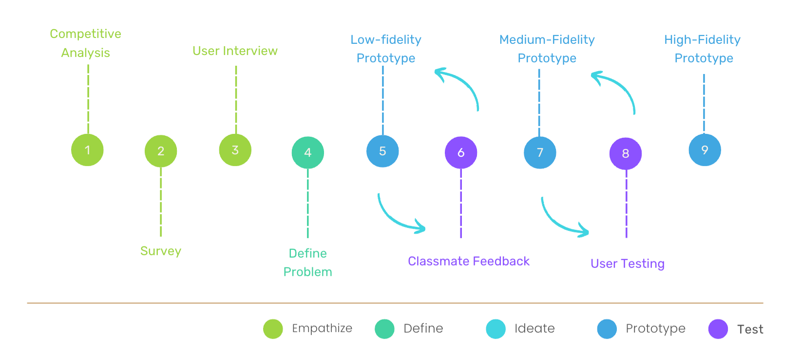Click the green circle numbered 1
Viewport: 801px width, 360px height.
[x=87, y=150]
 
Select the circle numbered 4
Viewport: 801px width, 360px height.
[x=307, y=152]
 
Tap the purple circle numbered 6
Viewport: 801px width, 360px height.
[x=461, y=152]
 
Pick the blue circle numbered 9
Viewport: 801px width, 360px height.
[x=705, y=150]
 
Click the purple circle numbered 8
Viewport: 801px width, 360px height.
[x=626, y=153]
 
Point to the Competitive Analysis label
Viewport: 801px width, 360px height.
[x=86, y=43]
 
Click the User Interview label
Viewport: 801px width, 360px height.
[x=235, y=51]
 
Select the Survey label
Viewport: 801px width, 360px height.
[x=161, y=251]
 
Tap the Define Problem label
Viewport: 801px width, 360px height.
[x=308, y=263]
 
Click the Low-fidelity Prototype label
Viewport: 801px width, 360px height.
[x=386, y=49]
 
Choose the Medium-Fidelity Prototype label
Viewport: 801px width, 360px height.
[x=547, y=49]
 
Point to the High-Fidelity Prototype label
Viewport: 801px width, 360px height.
[x=703, y=49]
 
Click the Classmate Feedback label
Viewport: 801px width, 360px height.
[x=469, y=261]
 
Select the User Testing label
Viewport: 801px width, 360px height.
[x=628, y=264]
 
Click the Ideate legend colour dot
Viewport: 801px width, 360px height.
[x=496, y=329]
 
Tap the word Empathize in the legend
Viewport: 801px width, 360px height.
[x=322, y=328]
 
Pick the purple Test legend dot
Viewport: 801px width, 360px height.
[x=718, y=329]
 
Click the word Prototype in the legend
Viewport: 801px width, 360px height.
[x=655, y=328]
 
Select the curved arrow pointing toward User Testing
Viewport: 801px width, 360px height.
[x=558, y=222]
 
